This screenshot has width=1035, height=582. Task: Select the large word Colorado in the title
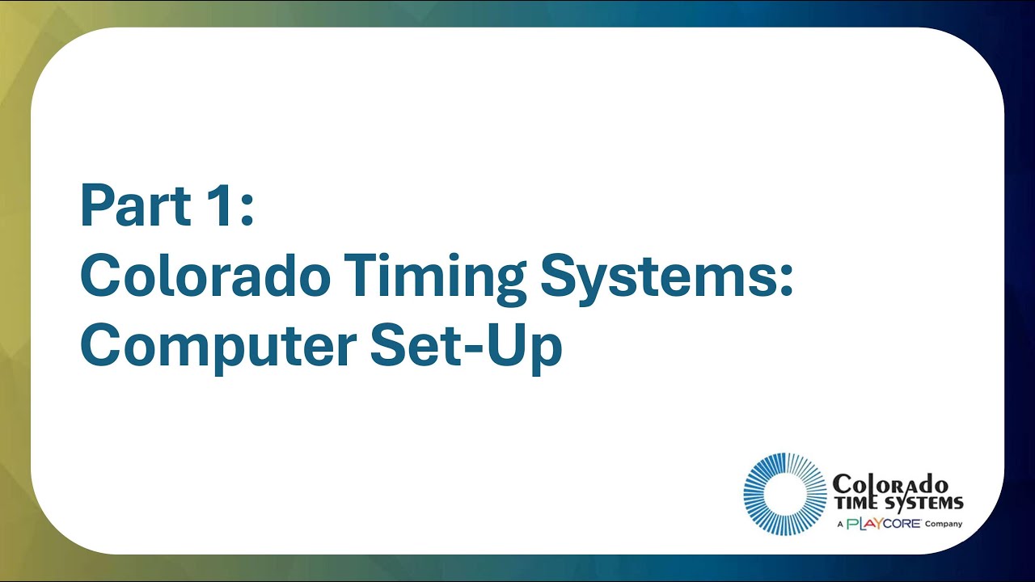point(205,276)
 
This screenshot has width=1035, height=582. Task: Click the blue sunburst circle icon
point(784,494)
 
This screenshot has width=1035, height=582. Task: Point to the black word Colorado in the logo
point(890,484)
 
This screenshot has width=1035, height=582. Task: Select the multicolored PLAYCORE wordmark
point(883,524)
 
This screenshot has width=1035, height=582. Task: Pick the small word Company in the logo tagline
point(944,524)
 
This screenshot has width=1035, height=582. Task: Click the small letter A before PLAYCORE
point(840,524)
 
